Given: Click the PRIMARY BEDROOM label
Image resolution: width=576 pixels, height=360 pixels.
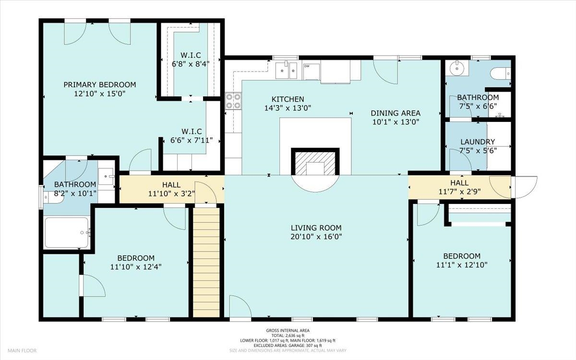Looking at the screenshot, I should click(x=100, y=84).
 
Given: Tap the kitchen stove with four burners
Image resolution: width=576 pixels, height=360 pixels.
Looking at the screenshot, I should click(x=233, y=101).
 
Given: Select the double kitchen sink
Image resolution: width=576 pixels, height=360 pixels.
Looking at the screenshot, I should click(x=288, y=71).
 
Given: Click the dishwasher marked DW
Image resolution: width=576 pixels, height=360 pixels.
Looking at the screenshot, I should click(x=311, y=71).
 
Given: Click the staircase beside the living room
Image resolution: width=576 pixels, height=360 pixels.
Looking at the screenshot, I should click(x=206, y=262).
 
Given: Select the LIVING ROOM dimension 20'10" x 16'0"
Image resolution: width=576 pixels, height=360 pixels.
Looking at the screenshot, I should click(x=316, y=237).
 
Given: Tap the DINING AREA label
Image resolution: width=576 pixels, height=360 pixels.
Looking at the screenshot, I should click(x=396, y=113).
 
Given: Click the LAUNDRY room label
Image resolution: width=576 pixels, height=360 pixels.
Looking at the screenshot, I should click(x=477, y=142).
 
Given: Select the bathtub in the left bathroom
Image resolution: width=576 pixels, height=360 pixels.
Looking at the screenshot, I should click(x=67, y=233).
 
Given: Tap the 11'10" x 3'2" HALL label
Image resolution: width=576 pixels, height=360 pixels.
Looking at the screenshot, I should click(x=171, y=185).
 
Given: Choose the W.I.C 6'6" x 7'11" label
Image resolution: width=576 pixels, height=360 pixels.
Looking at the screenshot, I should click(x=191, y=132).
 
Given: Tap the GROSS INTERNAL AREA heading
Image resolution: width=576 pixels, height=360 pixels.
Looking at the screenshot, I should click(x=288, y=331).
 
